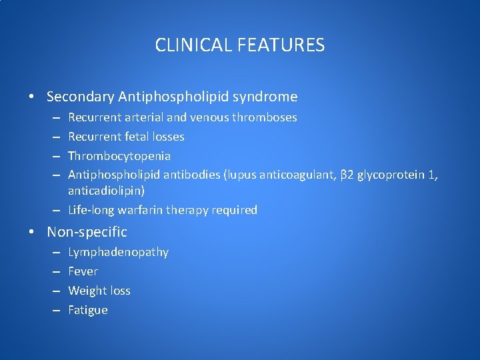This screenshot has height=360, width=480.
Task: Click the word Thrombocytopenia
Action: point(119,156)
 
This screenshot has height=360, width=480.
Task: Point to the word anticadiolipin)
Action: point(106,190)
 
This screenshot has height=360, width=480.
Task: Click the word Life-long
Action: point(92,210)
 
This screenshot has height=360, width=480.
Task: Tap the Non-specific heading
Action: point(87,232)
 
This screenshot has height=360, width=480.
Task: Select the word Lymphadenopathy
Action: point(118,253)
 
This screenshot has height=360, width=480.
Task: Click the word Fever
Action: point(83,271)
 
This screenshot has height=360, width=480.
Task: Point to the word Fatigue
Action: point(87,310)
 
